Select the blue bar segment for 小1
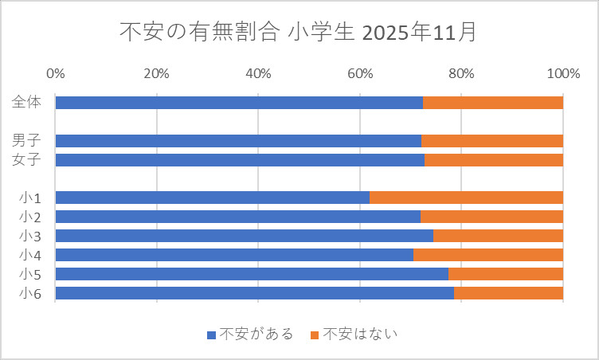(212, 198)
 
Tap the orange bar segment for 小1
(466, 198)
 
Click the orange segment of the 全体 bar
(493, 103)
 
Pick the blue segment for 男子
(238, 141)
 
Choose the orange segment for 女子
(494, 160)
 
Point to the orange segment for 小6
(508, 293)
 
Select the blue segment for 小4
(234, 255)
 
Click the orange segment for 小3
(498, 236)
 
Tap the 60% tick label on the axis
(360, 74)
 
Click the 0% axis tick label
(56, 74)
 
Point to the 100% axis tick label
(562, 74)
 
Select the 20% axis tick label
(157, 74)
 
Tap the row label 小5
(30, 274)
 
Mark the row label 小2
(30, 217)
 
